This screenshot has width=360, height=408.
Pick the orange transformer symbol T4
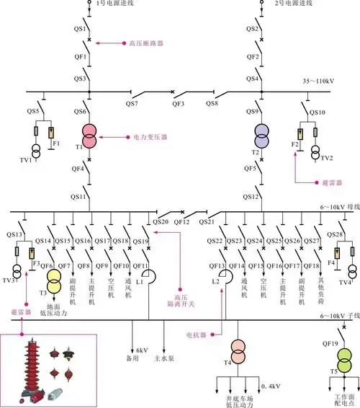coord(237,355)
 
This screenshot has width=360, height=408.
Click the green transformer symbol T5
coord(346,355)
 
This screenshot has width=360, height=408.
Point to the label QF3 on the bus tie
coord(176,105)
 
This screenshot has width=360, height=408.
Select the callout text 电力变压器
coord(150,137)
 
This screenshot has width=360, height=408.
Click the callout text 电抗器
coord(197,335)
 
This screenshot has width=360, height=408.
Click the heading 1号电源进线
coord(114,4)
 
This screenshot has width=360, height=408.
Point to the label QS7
coord(131,105)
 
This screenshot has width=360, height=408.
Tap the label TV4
coord(346,283)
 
